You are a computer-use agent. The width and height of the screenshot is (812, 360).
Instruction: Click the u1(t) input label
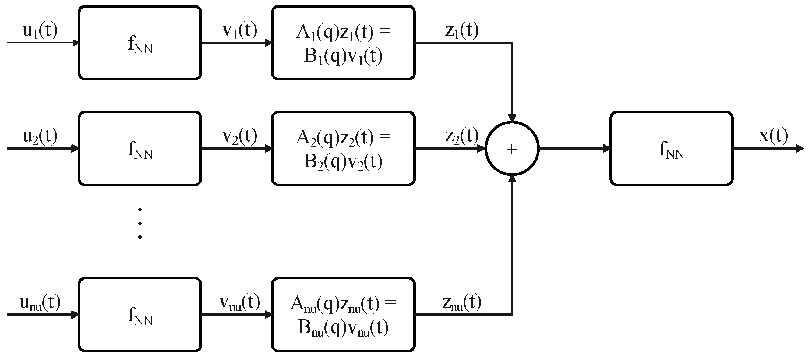pyautogui.click(x=40, y=30)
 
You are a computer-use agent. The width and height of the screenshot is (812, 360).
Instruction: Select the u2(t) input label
pyautogui.click(x=40, y=136)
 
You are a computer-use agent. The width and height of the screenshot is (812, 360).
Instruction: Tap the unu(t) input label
pyautogui.click(x=40, y=303)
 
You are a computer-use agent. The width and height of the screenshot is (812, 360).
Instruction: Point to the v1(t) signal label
pyautogui.click(x=240, y=30)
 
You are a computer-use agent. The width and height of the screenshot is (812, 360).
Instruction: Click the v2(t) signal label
pyautogui.click(x=240, y=136)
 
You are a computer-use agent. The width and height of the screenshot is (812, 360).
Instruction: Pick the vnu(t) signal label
pyautogui.click(x=240, y=303)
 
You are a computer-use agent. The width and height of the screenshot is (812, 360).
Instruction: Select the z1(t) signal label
pyautogui.click(x=462, y=30)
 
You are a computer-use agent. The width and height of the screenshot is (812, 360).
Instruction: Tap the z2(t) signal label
pyautogui.click(x=462, y=136)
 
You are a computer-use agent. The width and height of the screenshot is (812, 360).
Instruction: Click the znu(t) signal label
pyautogui.click(x=462, y=303)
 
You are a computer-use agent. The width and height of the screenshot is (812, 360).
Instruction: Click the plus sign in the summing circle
pyautogui.click(x=512, y=149)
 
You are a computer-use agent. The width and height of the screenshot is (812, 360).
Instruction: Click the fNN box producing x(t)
pyautogui.click(x=671, y=148)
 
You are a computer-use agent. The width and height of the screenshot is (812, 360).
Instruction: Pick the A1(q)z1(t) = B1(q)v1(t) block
pyautogui.click(x=343, y=43)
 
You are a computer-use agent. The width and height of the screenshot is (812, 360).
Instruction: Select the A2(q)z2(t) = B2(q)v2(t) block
pyautogui.click(x=343, y=148)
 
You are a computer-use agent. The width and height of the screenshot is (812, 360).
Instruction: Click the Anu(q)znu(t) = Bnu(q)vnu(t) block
pyautogui.click(x=343, y=315)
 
